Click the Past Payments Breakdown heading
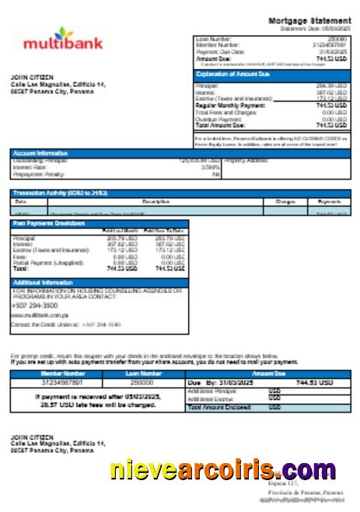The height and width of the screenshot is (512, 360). (49, 223)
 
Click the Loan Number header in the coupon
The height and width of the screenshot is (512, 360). (141, 374)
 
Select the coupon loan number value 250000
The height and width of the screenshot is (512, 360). (141, 382)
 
